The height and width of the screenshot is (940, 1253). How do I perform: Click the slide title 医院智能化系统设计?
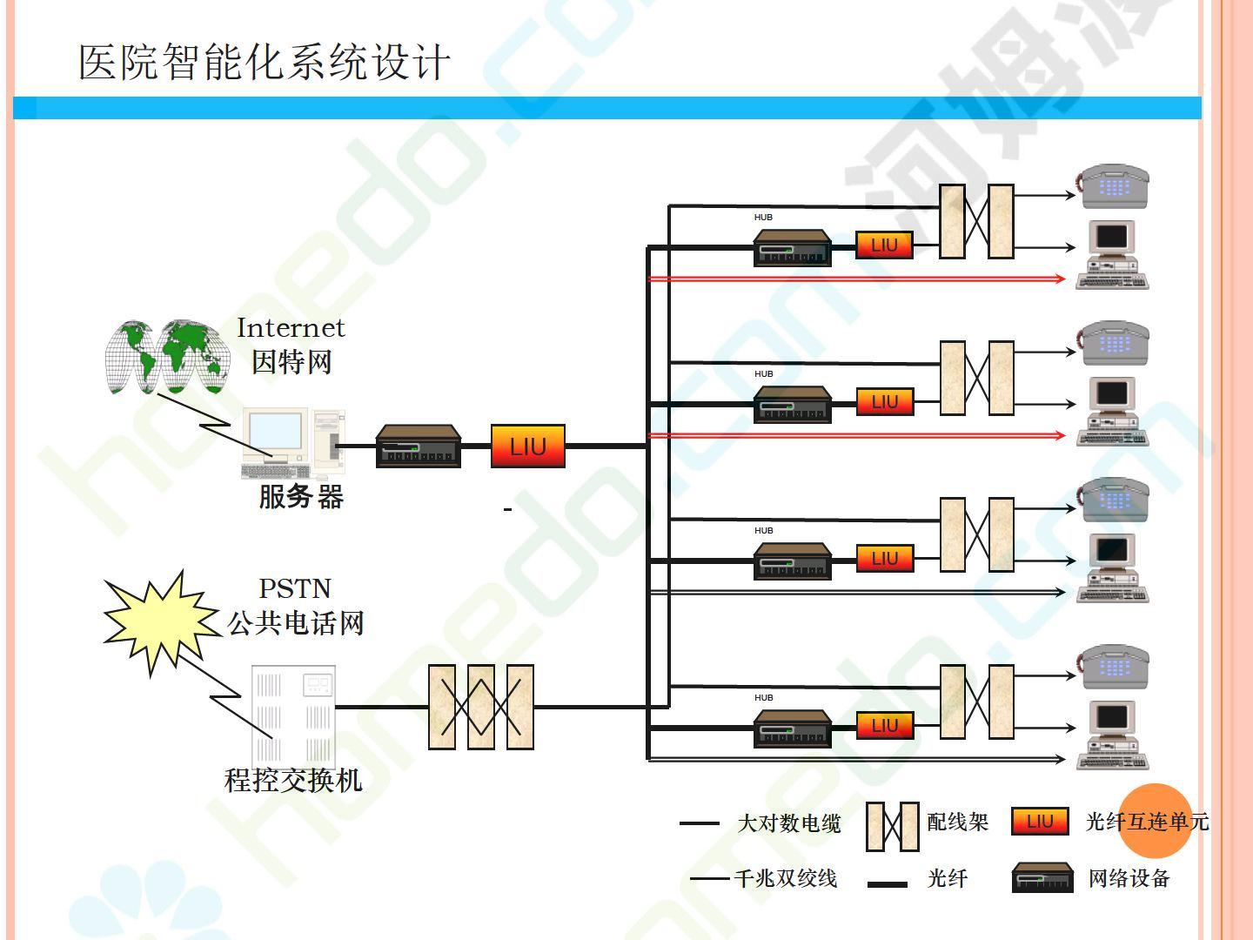[x=265, y=63]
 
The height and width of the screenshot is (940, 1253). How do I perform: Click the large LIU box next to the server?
[x=527, y=446]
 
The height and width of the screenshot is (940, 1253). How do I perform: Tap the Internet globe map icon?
[x=166, y=356]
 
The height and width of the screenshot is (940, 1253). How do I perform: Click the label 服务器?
[x=301, y=497]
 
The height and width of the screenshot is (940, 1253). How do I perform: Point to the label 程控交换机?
[x=293, y=779]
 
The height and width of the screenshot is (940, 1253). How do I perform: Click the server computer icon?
[x=291, y=443]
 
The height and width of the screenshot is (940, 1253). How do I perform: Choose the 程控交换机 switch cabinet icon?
[x=293, y=714]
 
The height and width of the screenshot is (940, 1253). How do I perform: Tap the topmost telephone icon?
[x=1115, y=186]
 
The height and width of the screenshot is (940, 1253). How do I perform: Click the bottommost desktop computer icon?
[x=1113, y=735]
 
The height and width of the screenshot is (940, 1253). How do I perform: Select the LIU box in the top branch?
[x=884, y=245]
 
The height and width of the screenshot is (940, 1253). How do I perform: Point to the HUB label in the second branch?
[x=763, y=374]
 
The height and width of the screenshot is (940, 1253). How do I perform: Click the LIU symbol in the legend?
[x=1040, y=822]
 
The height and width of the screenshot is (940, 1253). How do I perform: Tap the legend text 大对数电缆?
[x=788, y=822]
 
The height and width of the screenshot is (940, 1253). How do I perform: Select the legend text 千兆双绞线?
[x=786, y=878]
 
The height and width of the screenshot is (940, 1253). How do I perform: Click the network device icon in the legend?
[x=1042, y=878]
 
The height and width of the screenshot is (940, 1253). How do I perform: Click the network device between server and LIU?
[x=418, y=446]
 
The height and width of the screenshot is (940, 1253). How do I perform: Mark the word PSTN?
[x=295, y=589]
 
